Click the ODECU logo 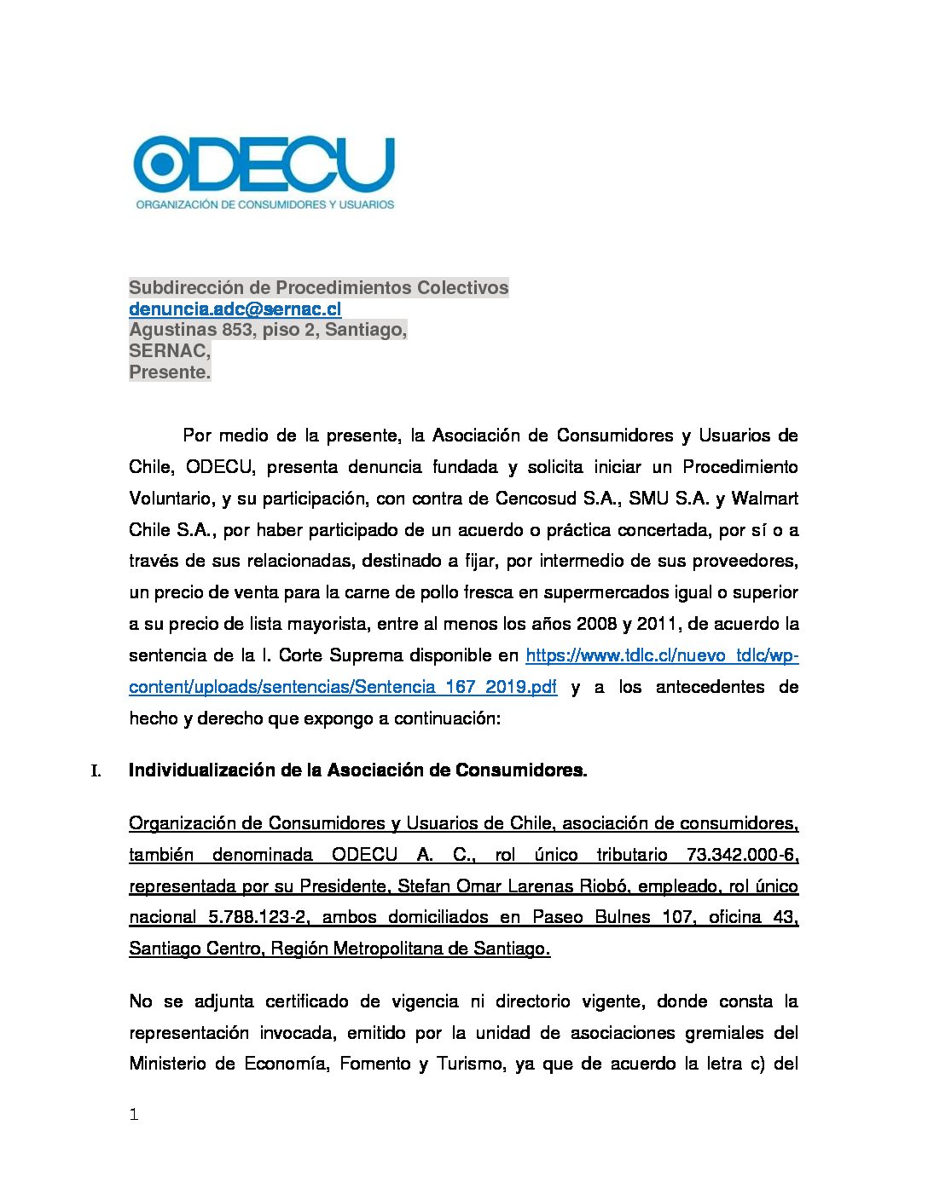(x=264, y=172)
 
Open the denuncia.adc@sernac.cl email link (x=235, y=309)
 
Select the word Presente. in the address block (x=170, y=372)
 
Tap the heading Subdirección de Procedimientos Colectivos (x=318, y=287)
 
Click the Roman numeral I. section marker (x=96, y=771)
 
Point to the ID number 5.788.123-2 (x=258, y=917)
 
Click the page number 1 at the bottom (x=133, y=1115)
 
